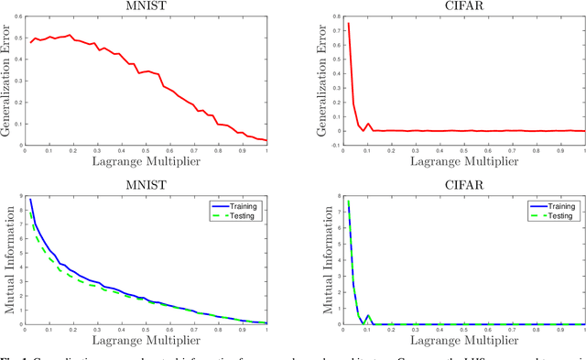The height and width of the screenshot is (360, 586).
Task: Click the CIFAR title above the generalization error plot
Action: (x=453, y=6)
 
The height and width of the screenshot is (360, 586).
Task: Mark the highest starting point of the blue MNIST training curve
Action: (x=30, y=199)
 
